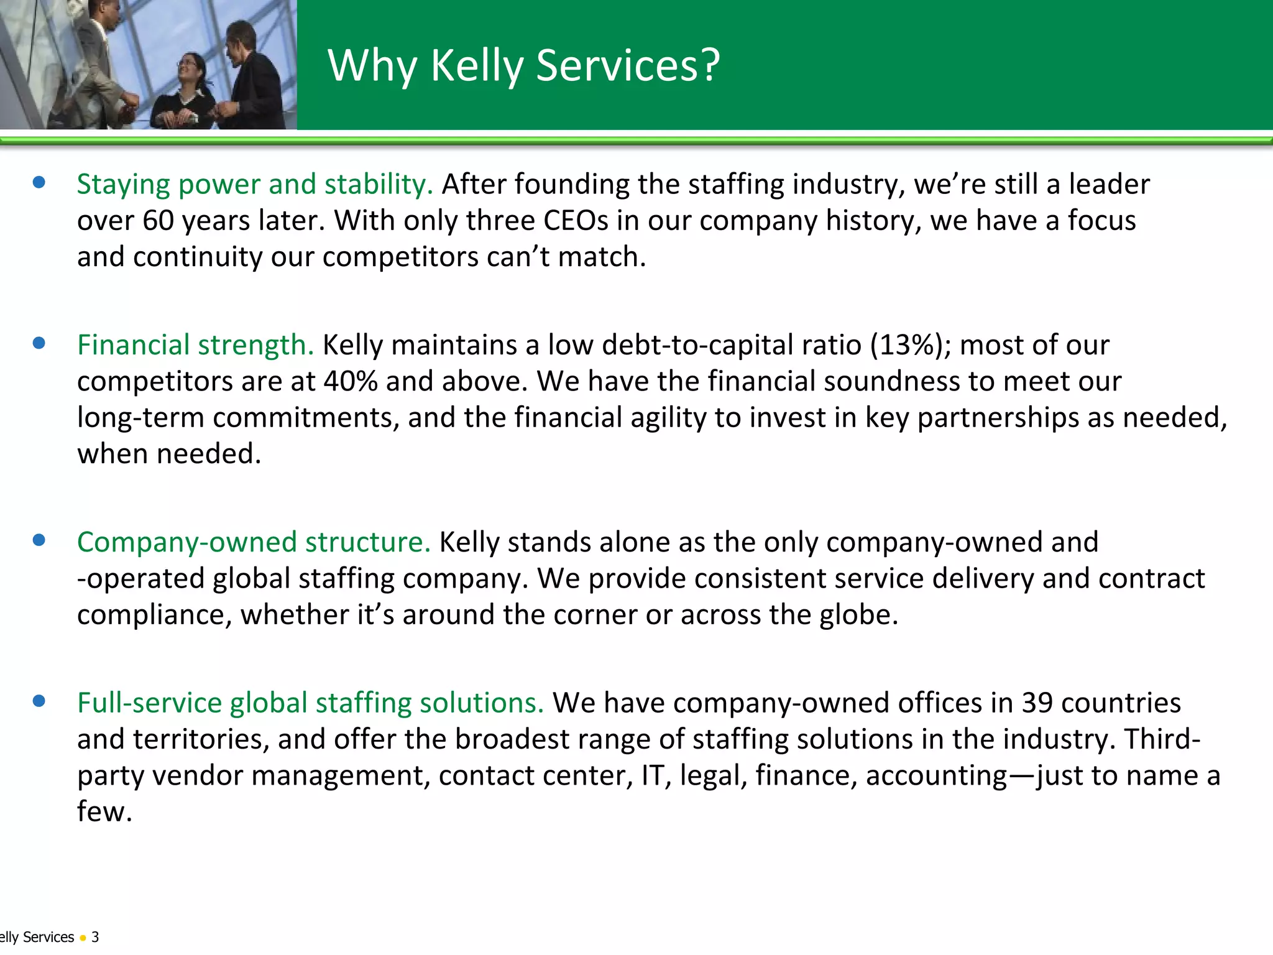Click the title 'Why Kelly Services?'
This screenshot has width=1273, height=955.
[x=523, y=65]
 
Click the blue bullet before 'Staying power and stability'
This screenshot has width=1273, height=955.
[x=39, y=182]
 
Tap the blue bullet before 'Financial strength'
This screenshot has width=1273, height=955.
[x=39, y=343]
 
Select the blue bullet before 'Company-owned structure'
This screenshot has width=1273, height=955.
[x=39, y=540]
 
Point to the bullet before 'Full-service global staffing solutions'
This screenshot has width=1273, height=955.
[x=39, y=701]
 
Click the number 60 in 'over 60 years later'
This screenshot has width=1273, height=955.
[x=159, y=221]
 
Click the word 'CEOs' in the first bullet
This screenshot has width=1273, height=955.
[x=576, y=221]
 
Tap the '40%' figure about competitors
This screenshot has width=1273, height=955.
[x=351, y=381]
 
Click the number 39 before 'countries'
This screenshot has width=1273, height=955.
[x=1037, y=703]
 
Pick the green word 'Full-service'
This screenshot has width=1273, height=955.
[x=149, y=703]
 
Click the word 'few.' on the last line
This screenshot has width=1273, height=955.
[x=104, y=811]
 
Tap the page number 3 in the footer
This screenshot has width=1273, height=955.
[x=95, y=937]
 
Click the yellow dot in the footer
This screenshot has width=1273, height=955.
[x=83, y=938]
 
